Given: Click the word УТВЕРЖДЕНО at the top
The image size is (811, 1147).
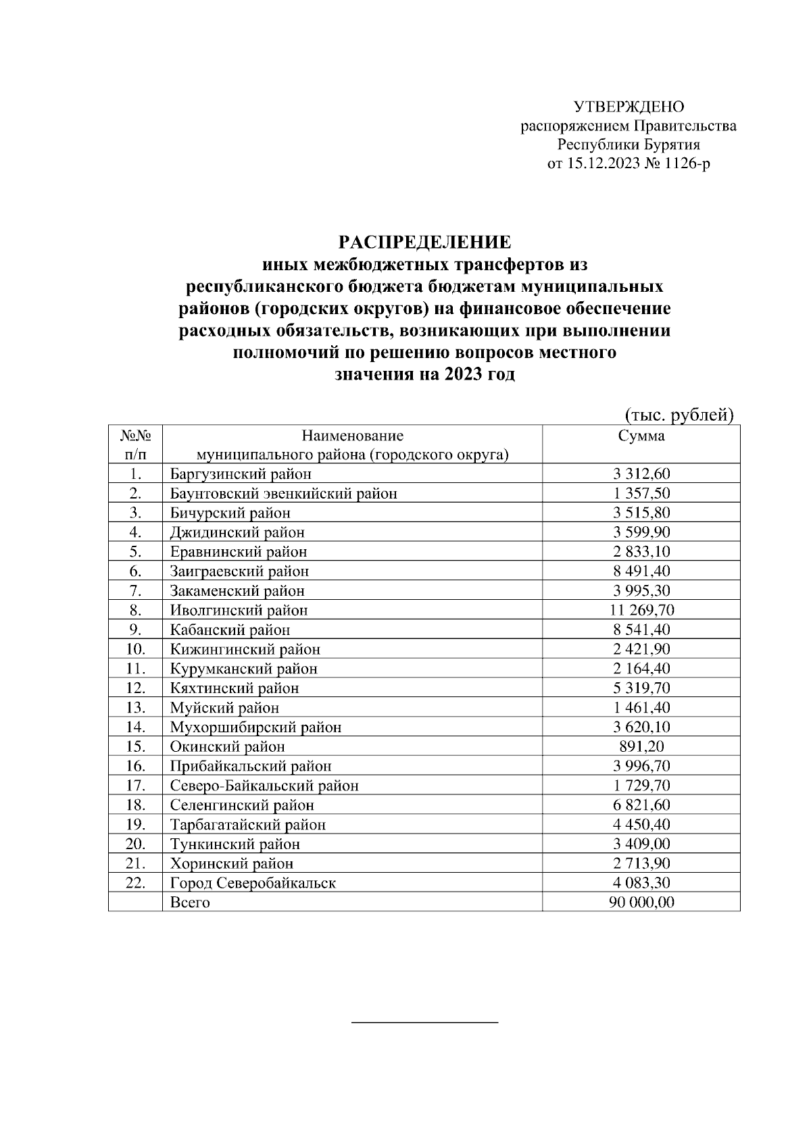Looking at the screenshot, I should tap(629, 107).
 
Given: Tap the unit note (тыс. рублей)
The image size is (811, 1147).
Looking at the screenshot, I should tap(678, 415).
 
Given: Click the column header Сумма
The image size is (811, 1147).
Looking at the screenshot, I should tap(641, 436).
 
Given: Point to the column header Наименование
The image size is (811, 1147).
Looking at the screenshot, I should tap(352, 436).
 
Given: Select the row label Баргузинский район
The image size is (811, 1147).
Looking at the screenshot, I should tap(241, 474).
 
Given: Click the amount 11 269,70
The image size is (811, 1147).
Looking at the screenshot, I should tap(641, 611).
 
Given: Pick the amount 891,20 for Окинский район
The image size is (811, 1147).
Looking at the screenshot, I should tap(641, 747).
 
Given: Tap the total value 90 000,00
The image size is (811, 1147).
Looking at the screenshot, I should tap(641, 903).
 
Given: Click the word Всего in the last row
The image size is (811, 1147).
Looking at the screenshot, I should tap(190, 903).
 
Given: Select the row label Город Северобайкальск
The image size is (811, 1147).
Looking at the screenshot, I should tap(253, 884).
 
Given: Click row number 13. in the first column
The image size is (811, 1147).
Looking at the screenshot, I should tap(136, 708).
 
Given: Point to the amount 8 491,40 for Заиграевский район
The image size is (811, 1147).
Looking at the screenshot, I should tap(641, 571).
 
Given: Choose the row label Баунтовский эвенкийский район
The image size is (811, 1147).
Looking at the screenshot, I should tap(283, 494).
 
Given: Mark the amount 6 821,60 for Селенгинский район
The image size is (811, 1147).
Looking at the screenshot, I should tap(641, 805).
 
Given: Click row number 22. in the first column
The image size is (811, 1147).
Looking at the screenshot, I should tap(136, 884).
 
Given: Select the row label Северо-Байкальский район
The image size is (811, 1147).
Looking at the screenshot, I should tap(264, 786).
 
